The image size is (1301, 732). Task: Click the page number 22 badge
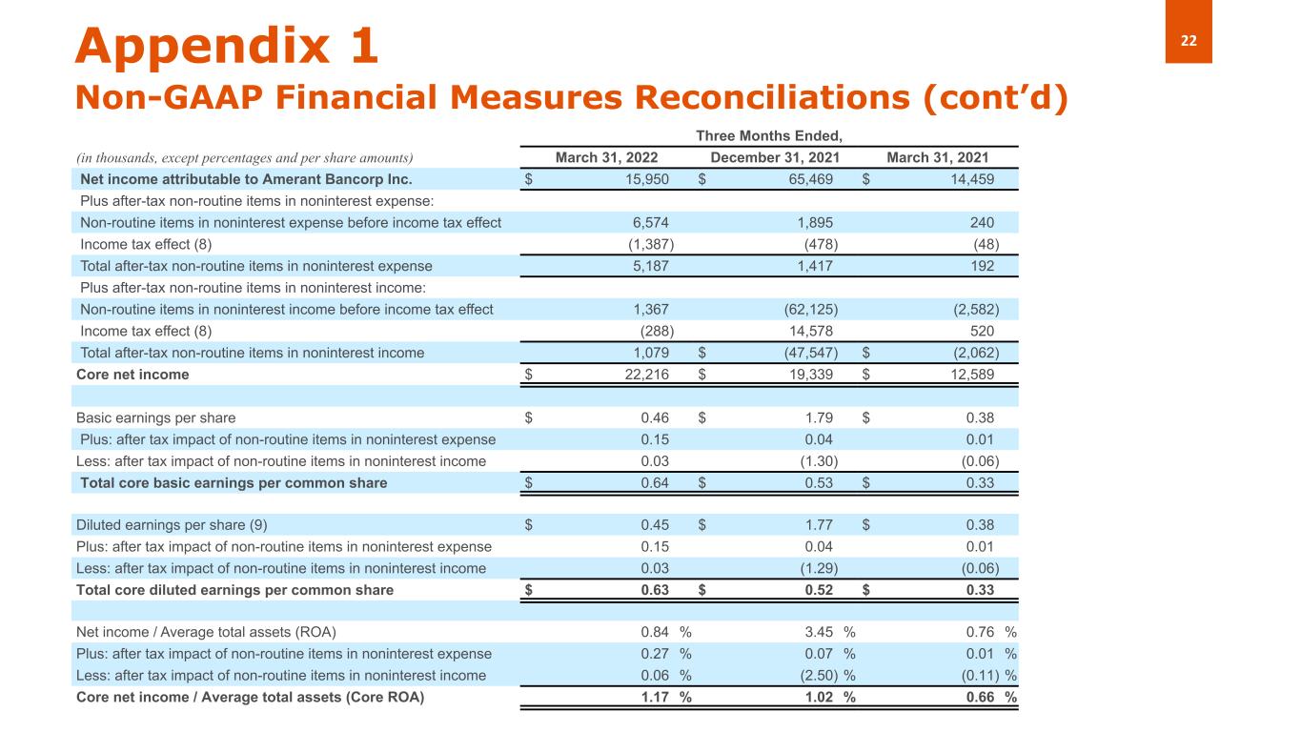[x=1189, y=39]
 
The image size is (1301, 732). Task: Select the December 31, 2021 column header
[x=771, y=157]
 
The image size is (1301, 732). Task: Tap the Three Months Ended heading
[x=771, y=137]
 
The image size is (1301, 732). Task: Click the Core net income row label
[x=132, y=375]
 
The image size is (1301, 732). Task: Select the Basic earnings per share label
[x=155, y=417]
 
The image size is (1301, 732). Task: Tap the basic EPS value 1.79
[x=818, y=417]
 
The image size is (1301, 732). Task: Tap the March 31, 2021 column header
[x=937, y=157]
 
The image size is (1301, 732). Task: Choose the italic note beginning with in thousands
[x=244, y=157]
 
